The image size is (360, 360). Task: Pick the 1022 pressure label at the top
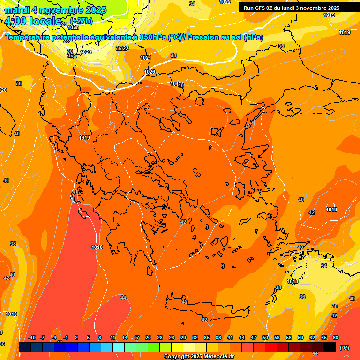[x=225, y=2]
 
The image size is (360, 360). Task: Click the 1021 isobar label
[x=146, y=58]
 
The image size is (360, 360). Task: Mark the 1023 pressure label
[x=86, y=52]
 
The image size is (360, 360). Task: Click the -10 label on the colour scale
[x=32, y=337]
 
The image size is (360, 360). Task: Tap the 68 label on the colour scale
[x=336, y=337]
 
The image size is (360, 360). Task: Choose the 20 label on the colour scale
[x=148, y=337]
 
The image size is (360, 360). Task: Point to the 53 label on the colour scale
[x=277, y=337]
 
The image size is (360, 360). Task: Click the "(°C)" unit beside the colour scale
[x=345, y=348]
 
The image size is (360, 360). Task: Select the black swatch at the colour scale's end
[x=330, y=347]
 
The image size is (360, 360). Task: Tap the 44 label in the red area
[x=123, y=298]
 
